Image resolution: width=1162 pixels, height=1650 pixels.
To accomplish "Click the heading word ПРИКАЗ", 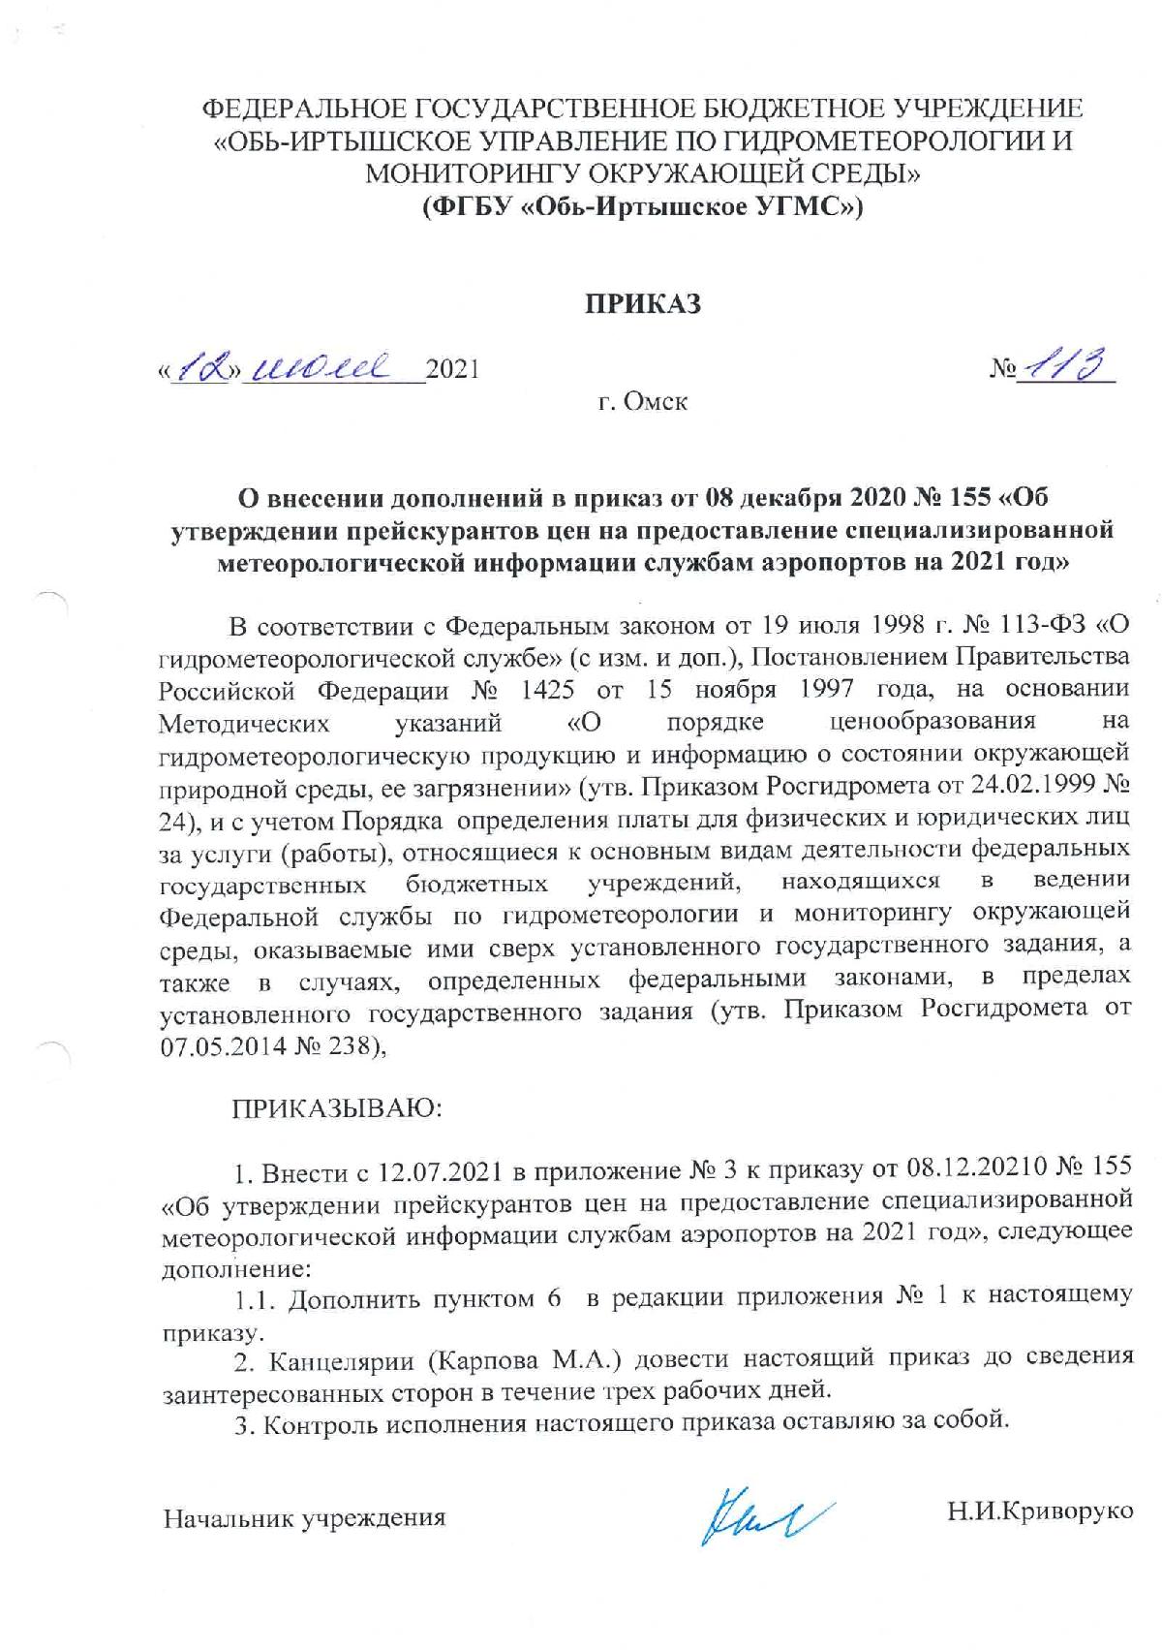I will (641, 303).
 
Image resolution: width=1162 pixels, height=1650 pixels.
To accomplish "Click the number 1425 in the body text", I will (543, 690).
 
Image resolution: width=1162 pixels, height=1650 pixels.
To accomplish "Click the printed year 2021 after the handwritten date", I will (453, 369).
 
